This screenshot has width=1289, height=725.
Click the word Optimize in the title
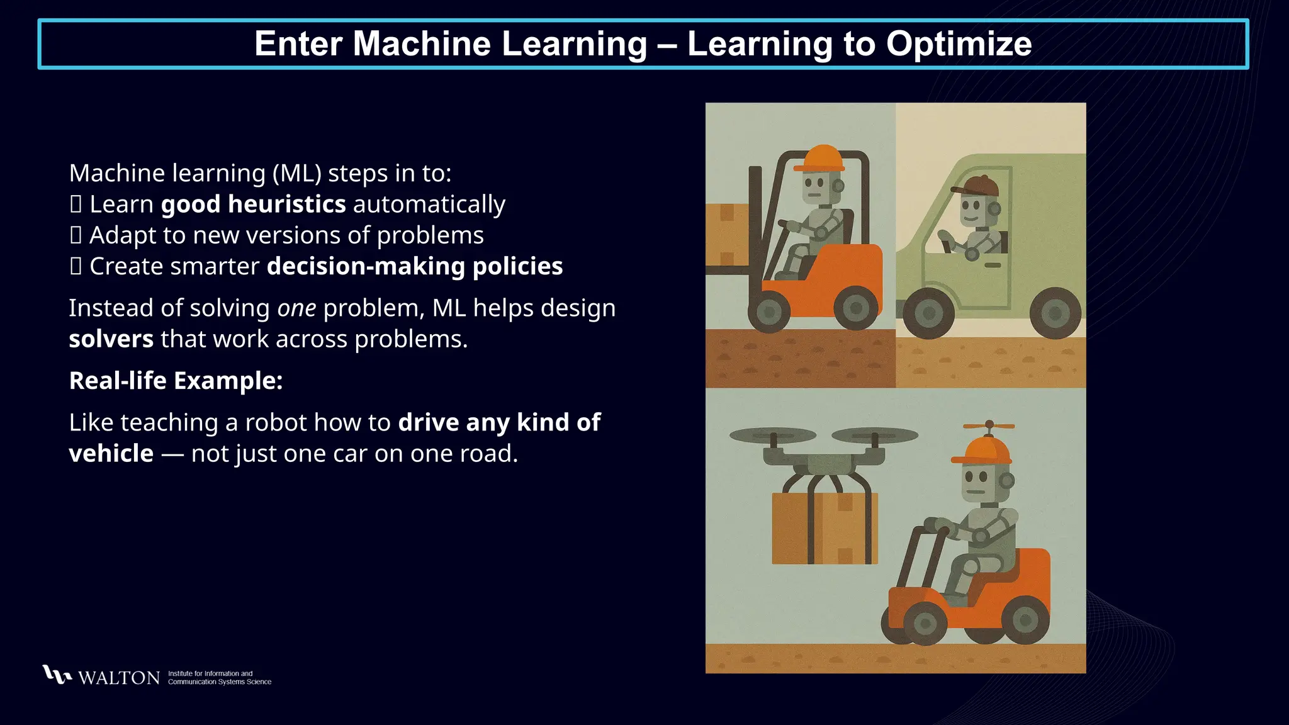click(959, 43)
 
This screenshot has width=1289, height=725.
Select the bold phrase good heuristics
click(253, 204)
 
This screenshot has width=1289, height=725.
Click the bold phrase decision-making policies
click(415, 266)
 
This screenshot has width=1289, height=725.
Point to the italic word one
click(296, 308)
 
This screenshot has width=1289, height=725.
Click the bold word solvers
click(111, 339)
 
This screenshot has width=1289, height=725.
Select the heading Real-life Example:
click(176, 381)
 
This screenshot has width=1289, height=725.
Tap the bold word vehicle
click(111, 454)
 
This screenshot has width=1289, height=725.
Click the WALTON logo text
click(119, 678)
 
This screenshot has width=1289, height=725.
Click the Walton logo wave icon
click(57, 675)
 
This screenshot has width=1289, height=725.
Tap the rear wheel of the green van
click(1055, 313)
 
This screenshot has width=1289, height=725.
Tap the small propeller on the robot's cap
click(989, 425)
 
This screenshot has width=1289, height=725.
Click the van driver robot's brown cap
click(977, 186)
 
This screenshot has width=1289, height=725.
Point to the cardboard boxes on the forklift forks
click(727, 234)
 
